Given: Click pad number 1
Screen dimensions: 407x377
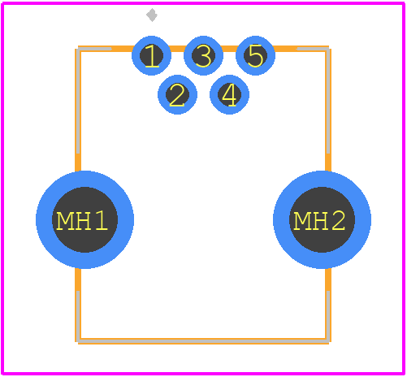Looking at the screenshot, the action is tap(151, 55).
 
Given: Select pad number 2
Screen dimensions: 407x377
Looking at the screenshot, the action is tap(177, 94).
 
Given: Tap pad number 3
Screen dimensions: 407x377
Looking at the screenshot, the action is tap(203, 55).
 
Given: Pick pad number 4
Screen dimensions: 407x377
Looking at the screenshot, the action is tap(229, 94).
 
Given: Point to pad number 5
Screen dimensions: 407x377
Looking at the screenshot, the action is tap(255, 55).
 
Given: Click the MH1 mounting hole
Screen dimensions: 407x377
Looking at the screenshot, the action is tap(84, 219).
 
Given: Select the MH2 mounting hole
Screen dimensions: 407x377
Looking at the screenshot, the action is tap(322, 219).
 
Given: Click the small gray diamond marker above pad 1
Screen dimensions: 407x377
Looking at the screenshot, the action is tap(152, 15).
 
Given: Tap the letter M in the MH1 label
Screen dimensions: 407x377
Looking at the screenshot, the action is tap(65, 221).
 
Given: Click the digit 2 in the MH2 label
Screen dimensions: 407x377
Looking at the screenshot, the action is tap(339, 221).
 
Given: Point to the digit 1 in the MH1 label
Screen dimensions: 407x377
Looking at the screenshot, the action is tap(102, 221).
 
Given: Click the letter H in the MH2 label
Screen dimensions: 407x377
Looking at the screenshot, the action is tap(321, 221).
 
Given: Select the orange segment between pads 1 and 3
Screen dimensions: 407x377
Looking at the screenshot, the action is tap(177, 49).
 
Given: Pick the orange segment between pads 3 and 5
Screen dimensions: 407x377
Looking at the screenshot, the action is tap(229, 49).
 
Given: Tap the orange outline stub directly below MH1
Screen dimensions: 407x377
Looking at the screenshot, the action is tap(78, 279).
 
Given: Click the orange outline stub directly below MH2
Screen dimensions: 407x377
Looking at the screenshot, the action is tap(328, 279).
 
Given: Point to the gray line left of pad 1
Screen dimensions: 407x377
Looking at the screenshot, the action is tap(95, 49).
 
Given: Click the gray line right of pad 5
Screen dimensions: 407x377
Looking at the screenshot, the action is tap(313, 49).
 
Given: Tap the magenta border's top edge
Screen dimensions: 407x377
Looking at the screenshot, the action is tap(203, 3).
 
